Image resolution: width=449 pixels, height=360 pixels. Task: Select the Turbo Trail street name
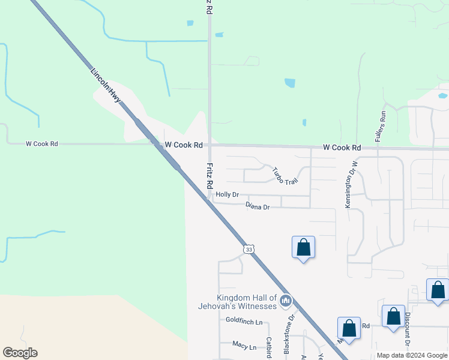(x=285, y=176)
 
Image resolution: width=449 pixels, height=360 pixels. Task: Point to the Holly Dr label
(x=228, y=194)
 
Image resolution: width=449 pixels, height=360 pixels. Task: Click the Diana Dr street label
(x=258, y=206)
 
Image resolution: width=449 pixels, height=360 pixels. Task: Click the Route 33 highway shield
(x=249, y=248)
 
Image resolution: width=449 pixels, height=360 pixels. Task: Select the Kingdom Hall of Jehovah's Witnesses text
(x=238, y=302)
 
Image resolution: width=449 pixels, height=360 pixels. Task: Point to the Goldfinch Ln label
(x=244, y=322)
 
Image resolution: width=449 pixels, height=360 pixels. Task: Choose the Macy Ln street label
(x=244, y=347)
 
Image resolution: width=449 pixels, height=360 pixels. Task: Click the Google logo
(x=20, y=353)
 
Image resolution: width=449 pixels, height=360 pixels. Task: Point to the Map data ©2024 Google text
(x=412, y=355)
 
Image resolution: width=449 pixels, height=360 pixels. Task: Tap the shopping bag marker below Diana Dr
(x=303, y=247)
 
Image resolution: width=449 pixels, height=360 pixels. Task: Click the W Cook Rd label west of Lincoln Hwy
(x=42, y=144)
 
